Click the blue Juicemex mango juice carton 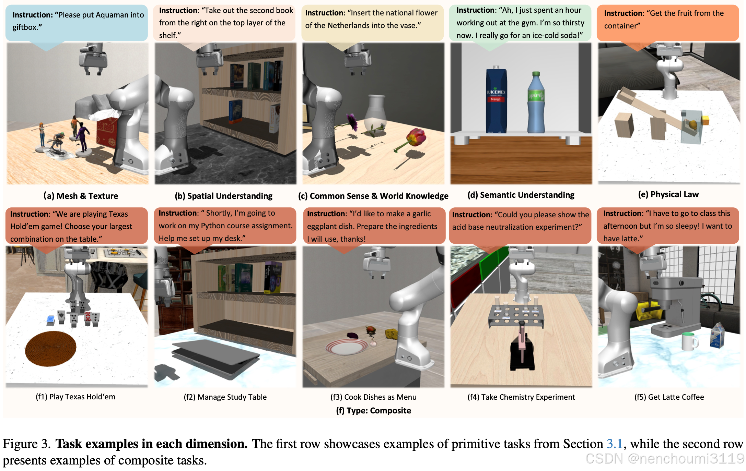tap(496, 101)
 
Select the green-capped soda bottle tap(536, 103)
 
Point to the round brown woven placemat tap(50, 348)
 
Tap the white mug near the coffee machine tap(689, 341)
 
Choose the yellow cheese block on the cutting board tap(391, 334)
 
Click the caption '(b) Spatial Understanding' tap(223, 196)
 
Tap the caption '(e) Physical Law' tap(668, 194)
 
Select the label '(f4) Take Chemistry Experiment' tap(521, 397)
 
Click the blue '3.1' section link tap(614, 444)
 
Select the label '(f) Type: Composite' tap(373, 410)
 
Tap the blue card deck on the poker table tap(51, 319)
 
